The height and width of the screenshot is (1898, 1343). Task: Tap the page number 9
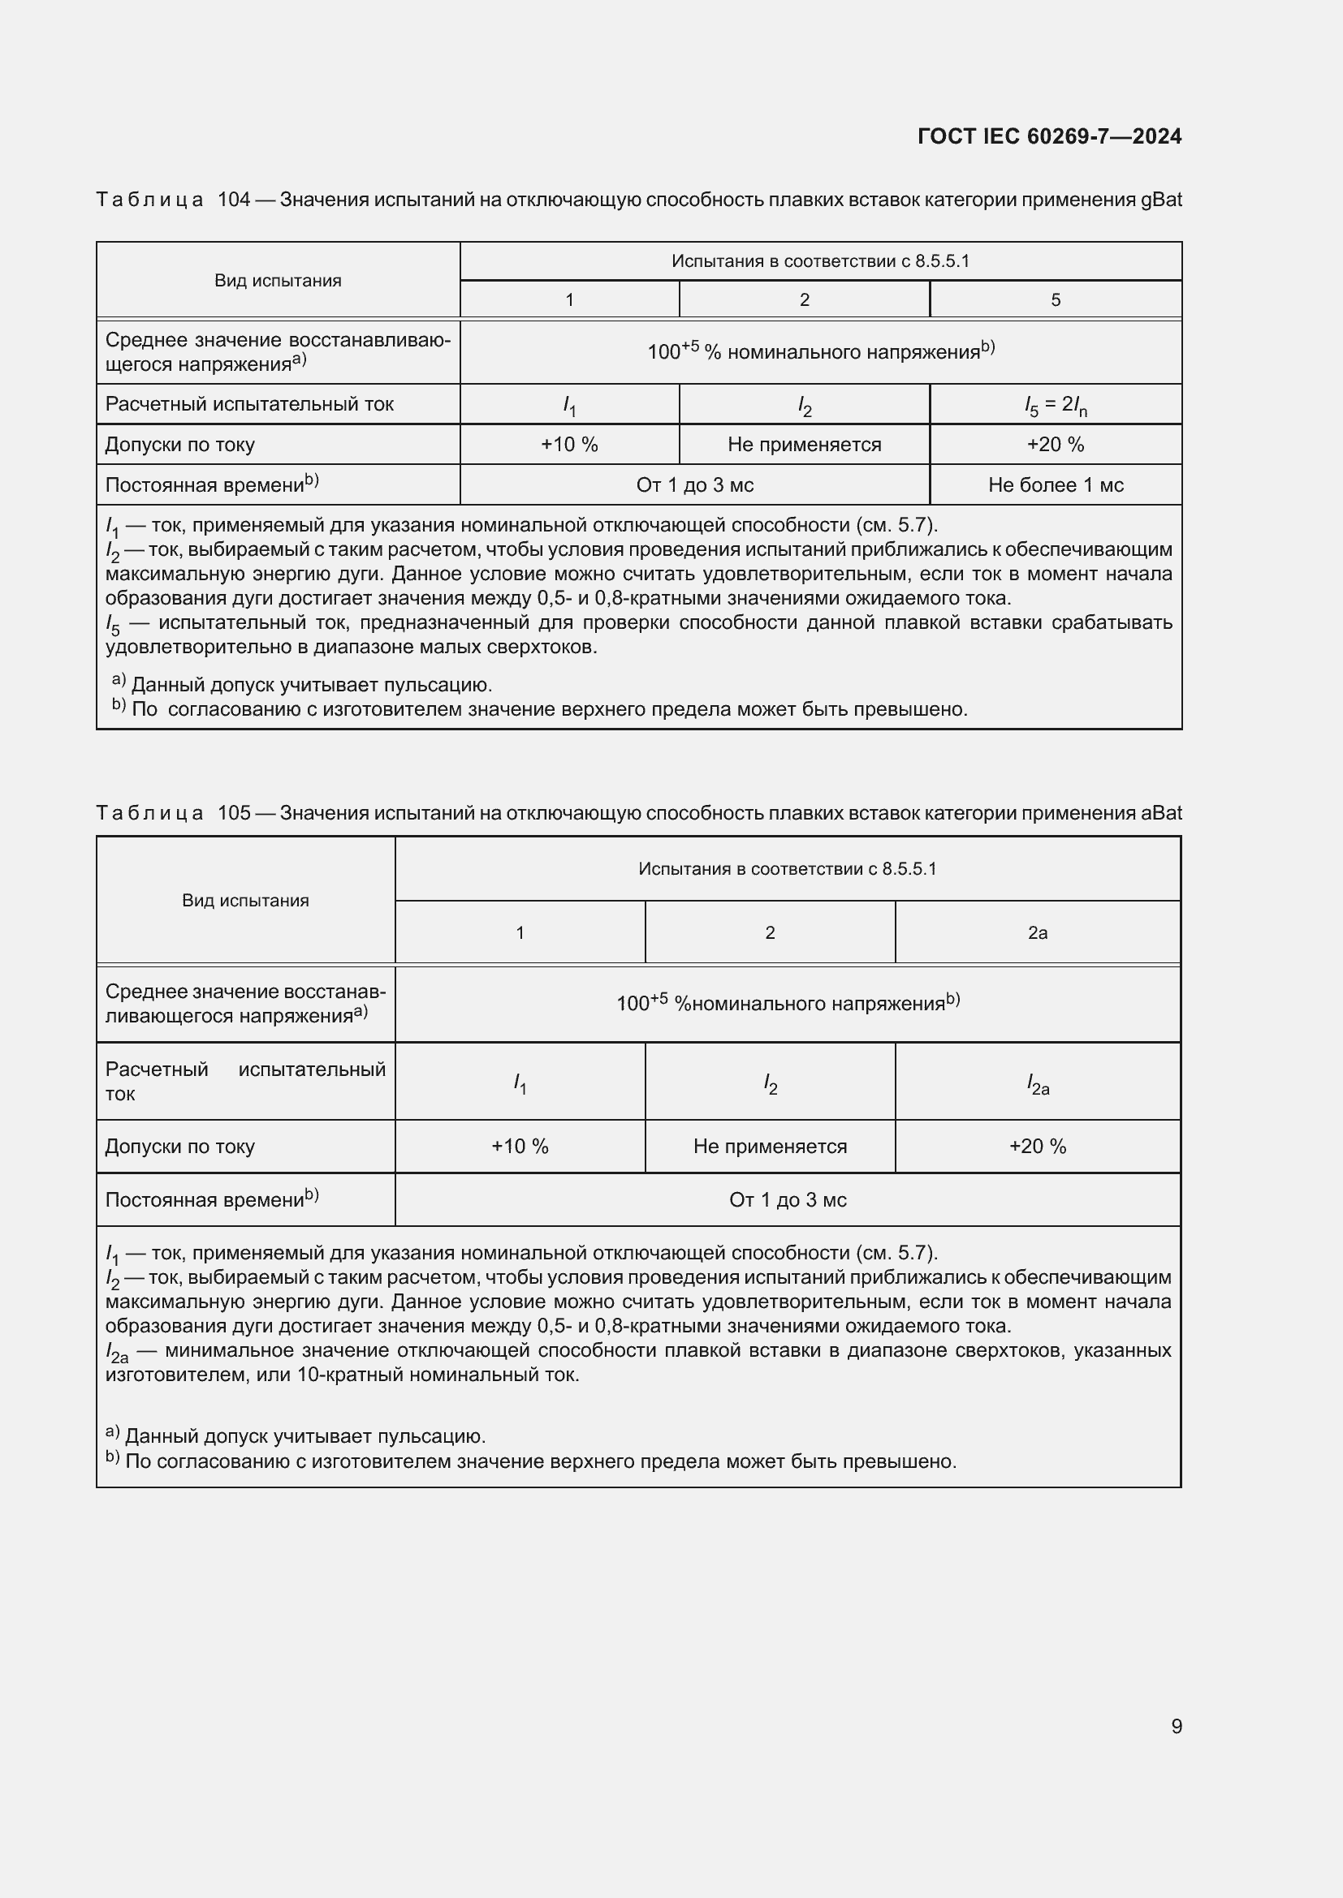[1176, 1726]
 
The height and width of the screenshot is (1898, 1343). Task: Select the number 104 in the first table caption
[233, 200]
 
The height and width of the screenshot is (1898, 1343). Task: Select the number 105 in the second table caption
[233, 812]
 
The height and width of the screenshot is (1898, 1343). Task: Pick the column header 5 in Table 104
[1056, 300]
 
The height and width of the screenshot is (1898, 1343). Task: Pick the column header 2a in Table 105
[1037, 932]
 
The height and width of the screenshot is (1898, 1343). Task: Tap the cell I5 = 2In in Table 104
[1056, 405]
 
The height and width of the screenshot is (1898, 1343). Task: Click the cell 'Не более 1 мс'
[1056, 485]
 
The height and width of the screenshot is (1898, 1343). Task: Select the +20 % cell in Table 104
[1056, 445]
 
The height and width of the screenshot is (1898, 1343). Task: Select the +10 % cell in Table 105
[520, 1146]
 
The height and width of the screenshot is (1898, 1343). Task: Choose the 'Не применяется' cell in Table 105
[769, 1146]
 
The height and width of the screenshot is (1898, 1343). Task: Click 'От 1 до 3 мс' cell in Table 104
[695, 485]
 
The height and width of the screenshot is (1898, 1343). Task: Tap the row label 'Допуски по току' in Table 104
[179, 445]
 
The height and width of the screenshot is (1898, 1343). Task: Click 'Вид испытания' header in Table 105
[244, 900]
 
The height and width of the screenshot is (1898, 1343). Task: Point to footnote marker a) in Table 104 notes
[119, 680]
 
